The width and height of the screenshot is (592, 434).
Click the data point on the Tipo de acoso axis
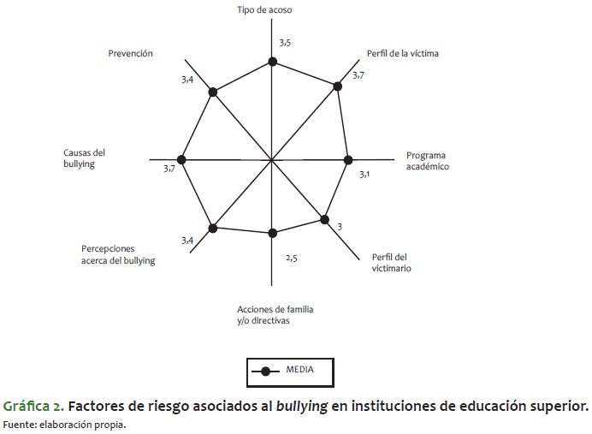[x=272, y=62]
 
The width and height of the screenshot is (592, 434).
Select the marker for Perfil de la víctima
[x=338, y=86]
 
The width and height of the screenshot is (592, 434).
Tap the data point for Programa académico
[x=348, y=160]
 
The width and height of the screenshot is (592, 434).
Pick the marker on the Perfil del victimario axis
[x=325, y=219]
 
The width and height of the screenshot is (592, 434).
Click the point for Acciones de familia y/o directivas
[x=272, y=233]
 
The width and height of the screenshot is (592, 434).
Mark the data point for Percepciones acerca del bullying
[x=213, y=229]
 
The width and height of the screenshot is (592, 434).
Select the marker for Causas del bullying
[x=181, y=160]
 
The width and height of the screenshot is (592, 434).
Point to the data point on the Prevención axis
[x=213, y=92]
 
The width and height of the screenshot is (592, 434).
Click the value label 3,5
[x=285, y=43]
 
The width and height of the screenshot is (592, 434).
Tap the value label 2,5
[x=292, y=259]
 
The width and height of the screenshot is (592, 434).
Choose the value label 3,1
[x=364, y=175]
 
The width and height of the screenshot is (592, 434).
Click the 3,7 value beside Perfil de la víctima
[x=358, y=75]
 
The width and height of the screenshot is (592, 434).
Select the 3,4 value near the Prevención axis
[x=187, y=80]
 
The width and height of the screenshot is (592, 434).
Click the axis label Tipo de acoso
[x=264, y=9]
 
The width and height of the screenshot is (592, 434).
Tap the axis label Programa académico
[x=428, y=161]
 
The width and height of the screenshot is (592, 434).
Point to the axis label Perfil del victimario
[x=391, y=263]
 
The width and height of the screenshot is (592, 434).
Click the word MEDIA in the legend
[x=299, y=370]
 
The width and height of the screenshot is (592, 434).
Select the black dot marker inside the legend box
[x=265, y=372]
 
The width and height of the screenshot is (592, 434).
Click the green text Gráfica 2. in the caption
[x=33, y=407]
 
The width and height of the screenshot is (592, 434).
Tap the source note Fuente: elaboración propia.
[x=64, y=425]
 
